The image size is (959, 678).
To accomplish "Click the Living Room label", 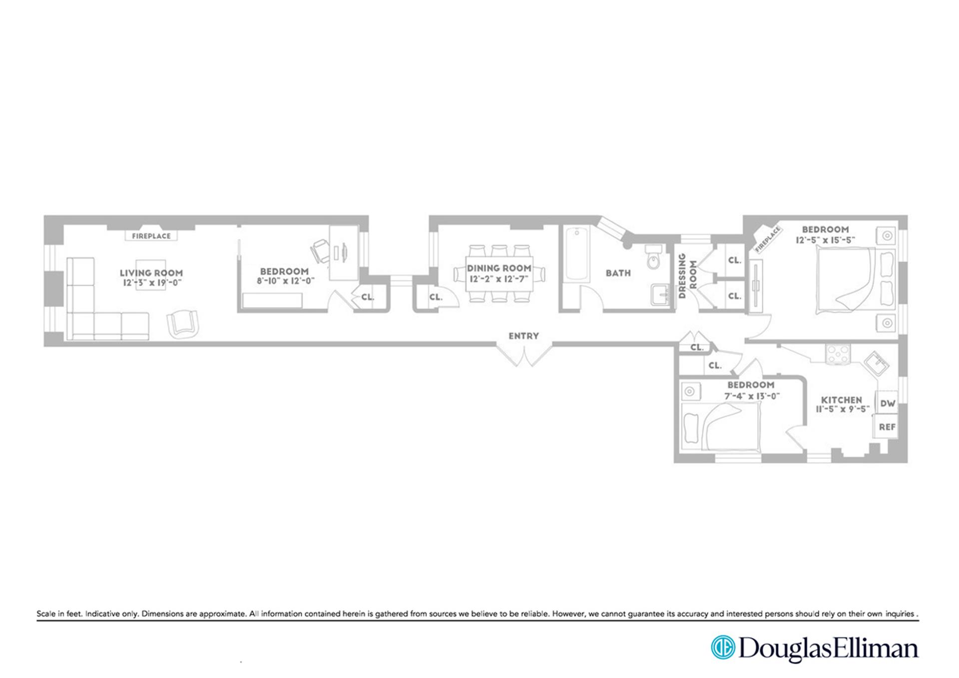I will [x=151, y=273].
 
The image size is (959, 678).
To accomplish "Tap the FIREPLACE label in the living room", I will [x=151, y=236].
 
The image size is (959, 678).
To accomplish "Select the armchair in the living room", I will [x=183, y=323].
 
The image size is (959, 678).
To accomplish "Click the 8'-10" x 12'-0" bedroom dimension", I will [x=285, y=281].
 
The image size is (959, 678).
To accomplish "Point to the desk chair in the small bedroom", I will [x=321, y=250].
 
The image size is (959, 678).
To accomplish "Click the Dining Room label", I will [x=499, y=268].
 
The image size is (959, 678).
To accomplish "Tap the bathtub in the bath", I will [x=576, y=254].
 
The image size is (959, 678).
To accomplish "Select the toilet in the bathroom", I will [x=653, y=258].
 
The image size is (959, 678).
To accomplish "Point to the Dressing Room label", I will [x=687, y=276].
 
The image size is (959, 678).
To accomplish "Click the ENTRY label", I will [x=523, y=336].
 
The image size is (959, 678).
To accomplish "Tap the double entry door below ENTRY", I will [x=524, y=355].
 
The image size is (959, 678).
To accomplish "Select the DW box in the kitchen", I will [x=887, y=403].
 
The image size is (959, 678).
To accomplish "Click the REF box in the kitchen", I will [x=887, y=427].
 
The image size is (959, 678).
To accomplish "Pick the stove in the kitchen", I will [x=838, y=354].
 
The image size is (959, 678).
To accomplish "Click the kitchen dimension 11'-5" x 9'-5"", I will [x=842, y=409].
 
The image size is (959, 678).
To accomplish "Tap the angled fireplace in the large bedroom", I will [x=767, y=239].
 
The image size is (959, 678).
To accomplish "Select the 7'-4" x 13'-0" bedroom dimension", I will [x=752, y=396].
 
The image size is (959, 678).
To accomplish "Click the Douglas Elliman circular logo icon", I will [x=723, y=648].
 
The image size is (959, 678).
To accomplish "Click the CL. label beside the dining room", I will [x=436, y=297].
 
